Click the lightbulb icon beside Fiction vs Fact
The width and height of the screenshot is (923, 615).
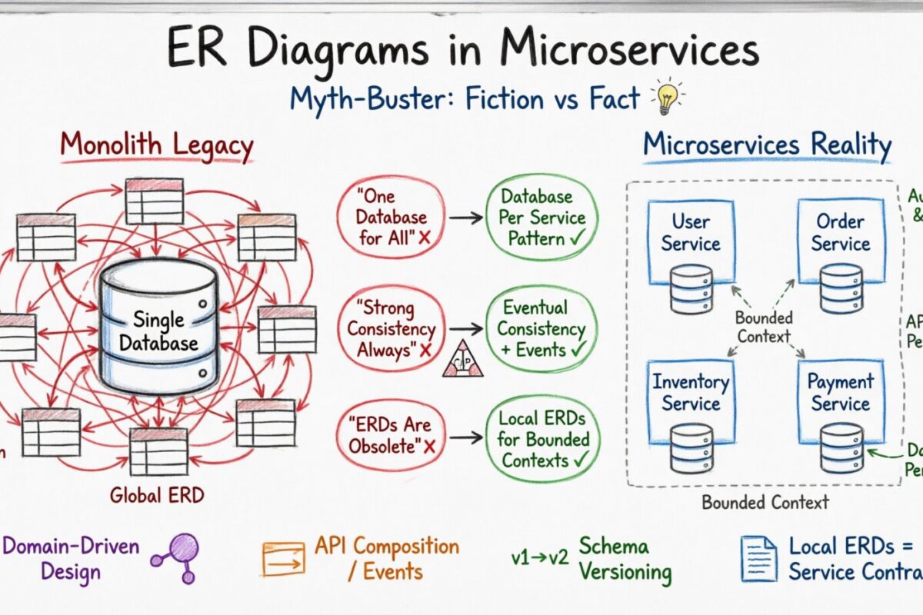click(x=667, y=98)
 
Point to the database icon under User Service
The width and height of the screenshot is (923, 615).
click(x=690, y=289)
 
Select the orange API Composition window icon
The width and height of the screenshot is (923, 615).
click(x=283, y=559)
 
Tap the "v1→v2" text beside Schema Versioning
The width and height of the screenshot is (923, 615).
click(x=541, y=559)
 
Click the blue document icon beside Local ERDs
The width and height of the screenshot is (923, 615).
click(x=758, y=559)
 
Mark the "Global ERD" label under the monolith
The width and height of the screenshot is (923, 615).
click(x=157, y=494)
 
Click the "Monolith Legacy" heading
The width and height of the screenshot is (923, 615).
click(x=157, y=146)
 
